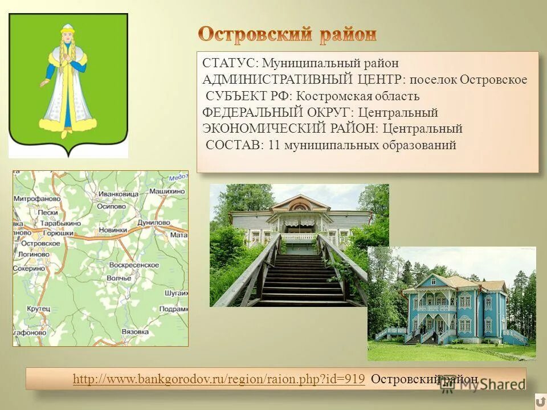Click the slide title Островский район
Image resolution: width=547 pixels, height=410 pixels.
click(x=287, y=35)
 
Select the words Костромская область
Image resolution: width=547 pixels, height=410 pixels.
click(x=357, y=96)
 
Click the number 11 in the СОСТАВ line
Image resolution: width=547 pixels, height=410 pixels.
click(x=274, y=145)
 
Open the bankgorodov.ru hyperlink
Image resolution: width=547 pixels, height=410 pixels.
click(x=219, y=379)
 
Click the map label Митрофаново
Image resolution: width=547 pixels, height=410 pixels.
click(x=38, y=199)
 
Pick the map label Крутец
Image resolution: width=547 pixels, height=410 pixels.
click(x=38, y=308)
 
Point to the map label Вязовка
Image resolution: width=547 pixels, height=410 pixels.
click(x=135, y=331)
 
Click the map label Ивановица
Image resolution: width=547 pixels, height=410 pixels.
click(x=118, y=194)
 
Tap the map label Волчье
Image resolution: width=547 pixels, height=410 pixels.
click(x=119, y=278)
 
